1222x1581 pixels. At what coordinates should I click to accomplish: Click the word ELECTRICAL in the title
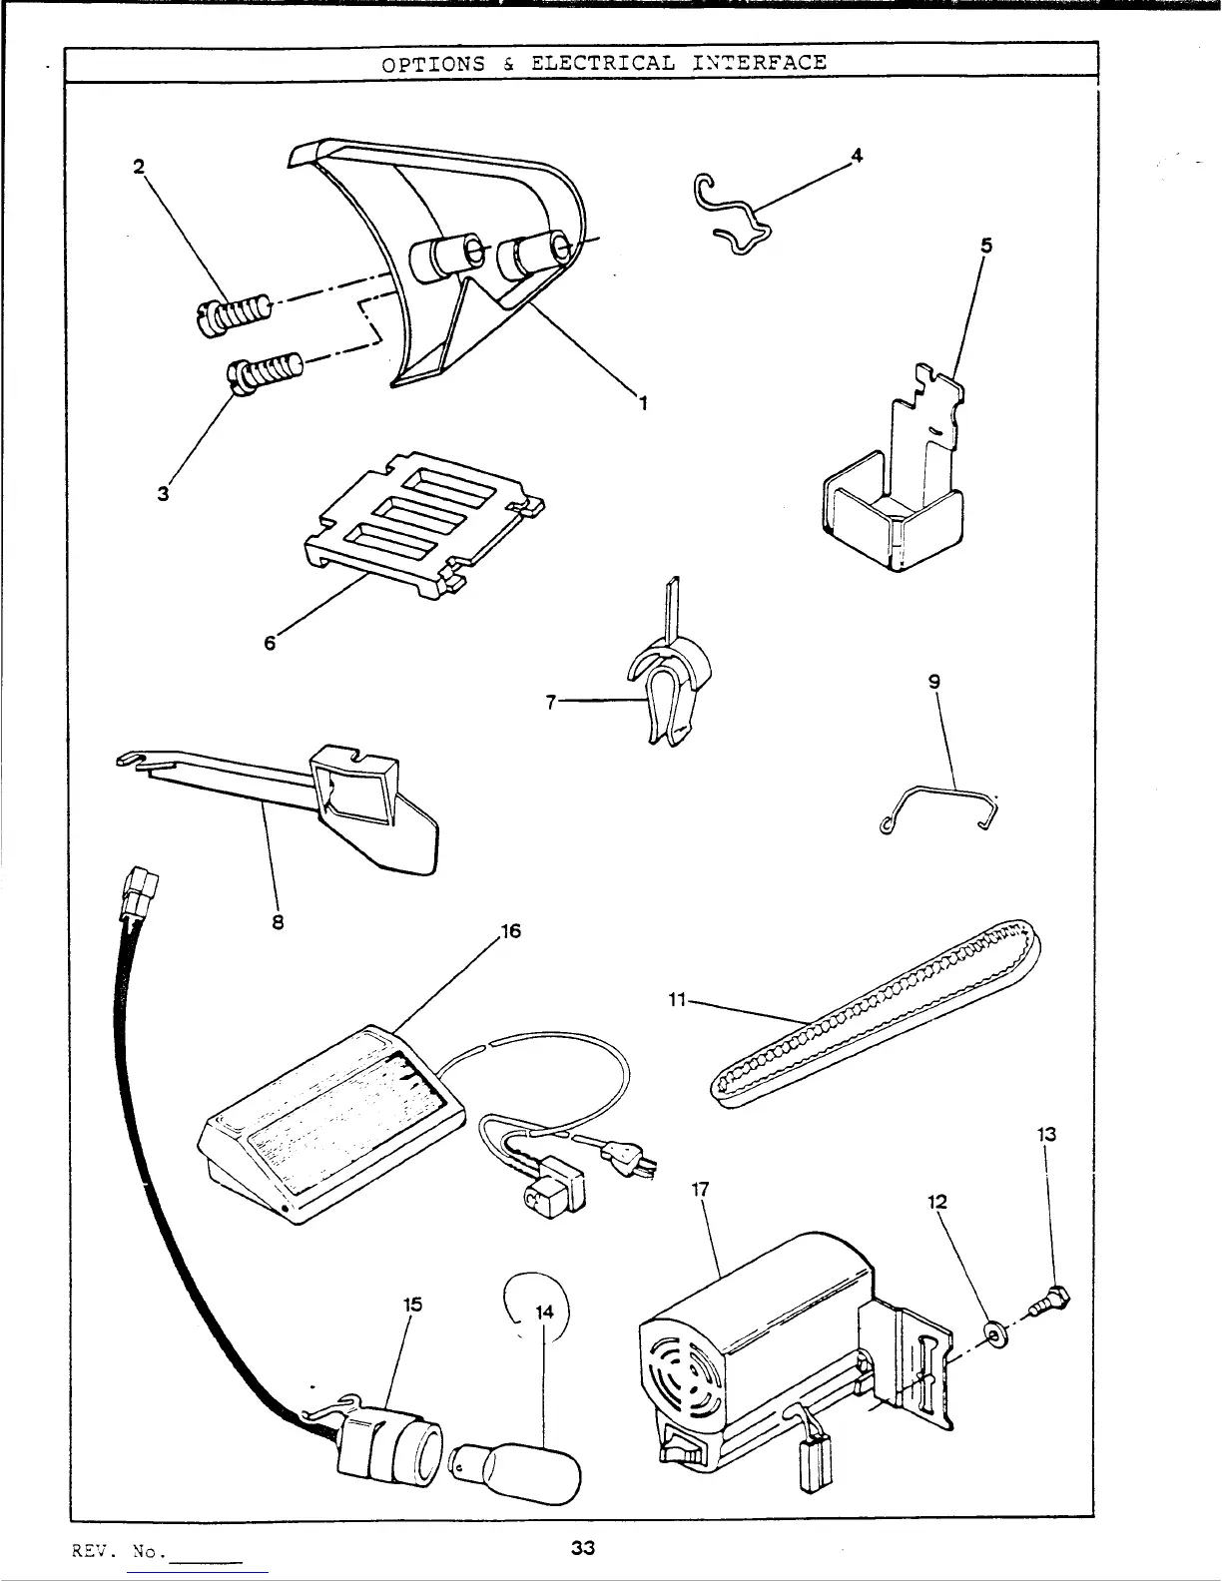[602, 63]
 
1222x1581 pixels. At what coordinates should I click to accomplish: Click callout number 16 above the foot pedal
[510, 932]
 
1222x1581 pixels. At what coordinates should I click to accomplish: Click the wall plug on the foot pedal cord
[624, 1158]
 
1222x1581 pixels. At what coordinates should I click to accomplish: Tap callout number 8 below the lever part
[279, 922]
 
